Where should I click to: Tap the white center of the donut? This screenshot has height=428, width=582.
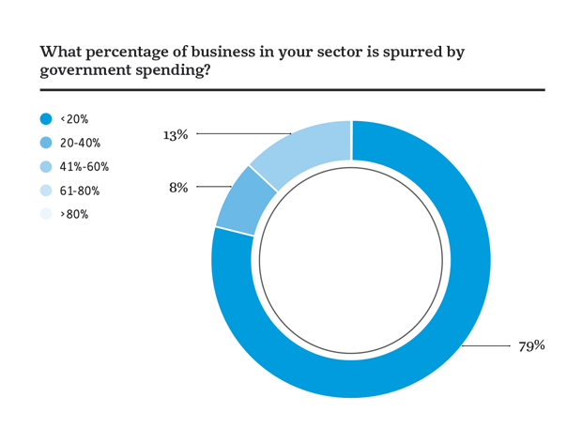[351, 260]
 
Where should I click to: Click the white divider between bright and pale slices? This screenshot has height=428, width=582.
[351, 144]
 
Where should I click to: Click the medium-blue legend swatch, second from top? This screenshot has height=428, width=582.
[48, 142]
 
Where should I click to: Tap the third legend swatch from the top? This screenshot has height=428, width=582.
[48, 166]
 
